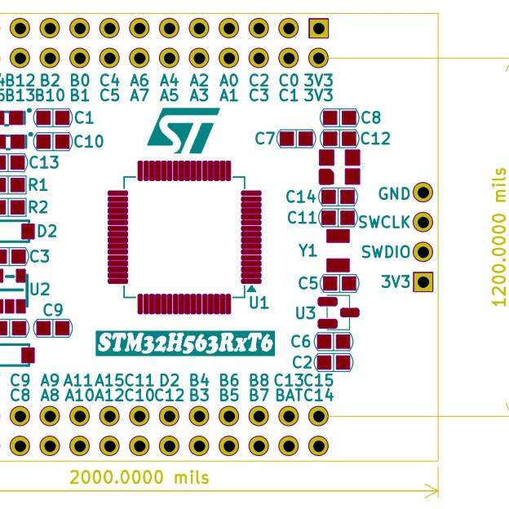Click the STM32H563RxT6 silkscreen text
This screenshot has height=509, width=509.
point(186,343)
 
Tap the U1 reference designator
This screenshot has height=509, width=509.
point(259,303)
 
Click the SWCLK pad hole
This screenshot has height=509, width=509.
point(423,222)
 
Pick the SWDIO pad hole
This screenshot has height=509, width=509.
point(423,252)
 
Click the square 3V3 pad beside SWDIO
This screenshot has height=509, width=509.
point(423,282)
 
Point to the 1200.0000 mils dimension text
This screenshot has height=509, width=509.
point(499,237)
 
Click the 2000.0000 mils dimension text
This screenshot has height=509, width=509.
point(139,477)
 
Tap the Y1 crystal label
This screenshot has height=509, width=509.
point(307,251)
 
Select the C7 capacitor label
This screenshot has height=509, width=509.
point(265,139)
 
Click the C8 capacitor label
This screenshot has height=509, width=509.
point(370,117)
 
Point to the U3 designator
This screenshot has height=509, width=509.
point(305,313)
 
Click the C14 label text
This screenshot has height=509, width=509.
point(301,197)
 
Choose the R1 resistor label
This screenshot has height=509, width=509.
point(38,185)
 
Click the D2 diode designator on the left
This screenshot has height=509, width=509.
point(46,232)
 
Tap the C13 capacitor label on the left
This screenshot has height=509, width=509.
point(44,163)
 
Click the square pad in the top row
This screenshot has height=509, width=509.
point(318,29)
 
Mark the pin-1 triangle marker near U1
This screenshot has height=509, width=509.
point(253,289)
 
